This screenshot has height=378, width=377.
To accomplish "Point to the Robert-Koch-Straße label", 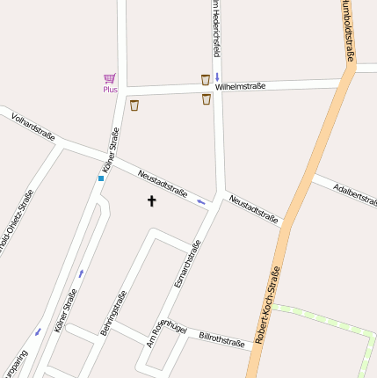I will point(267,304).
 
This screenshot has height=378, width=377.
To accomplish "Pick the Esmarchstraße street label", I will point(187,263).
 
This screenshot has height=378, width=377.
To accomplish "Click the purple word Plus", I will point(110,90).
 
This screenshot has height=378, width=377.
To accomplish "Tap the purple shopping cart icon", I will point(110,78).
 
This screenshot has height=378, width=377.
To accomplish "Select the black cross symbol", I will point(151,201).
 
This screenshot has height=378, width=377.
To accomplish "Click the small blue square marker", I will point(101,178).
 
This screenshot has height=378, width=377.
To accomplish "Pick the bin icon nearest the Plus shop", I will point(134,105).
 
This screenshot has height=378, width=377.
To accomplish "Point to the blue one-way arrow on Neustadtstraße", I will point(201,202).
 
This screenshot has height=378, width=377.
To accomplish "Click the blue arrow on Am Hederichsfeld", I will point(216,77).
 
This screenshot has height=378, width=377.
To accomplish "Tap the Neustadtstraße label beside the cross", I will point(163,184).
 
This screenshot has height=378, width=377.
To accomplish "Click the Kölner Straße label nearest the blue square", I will point(110,149).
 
